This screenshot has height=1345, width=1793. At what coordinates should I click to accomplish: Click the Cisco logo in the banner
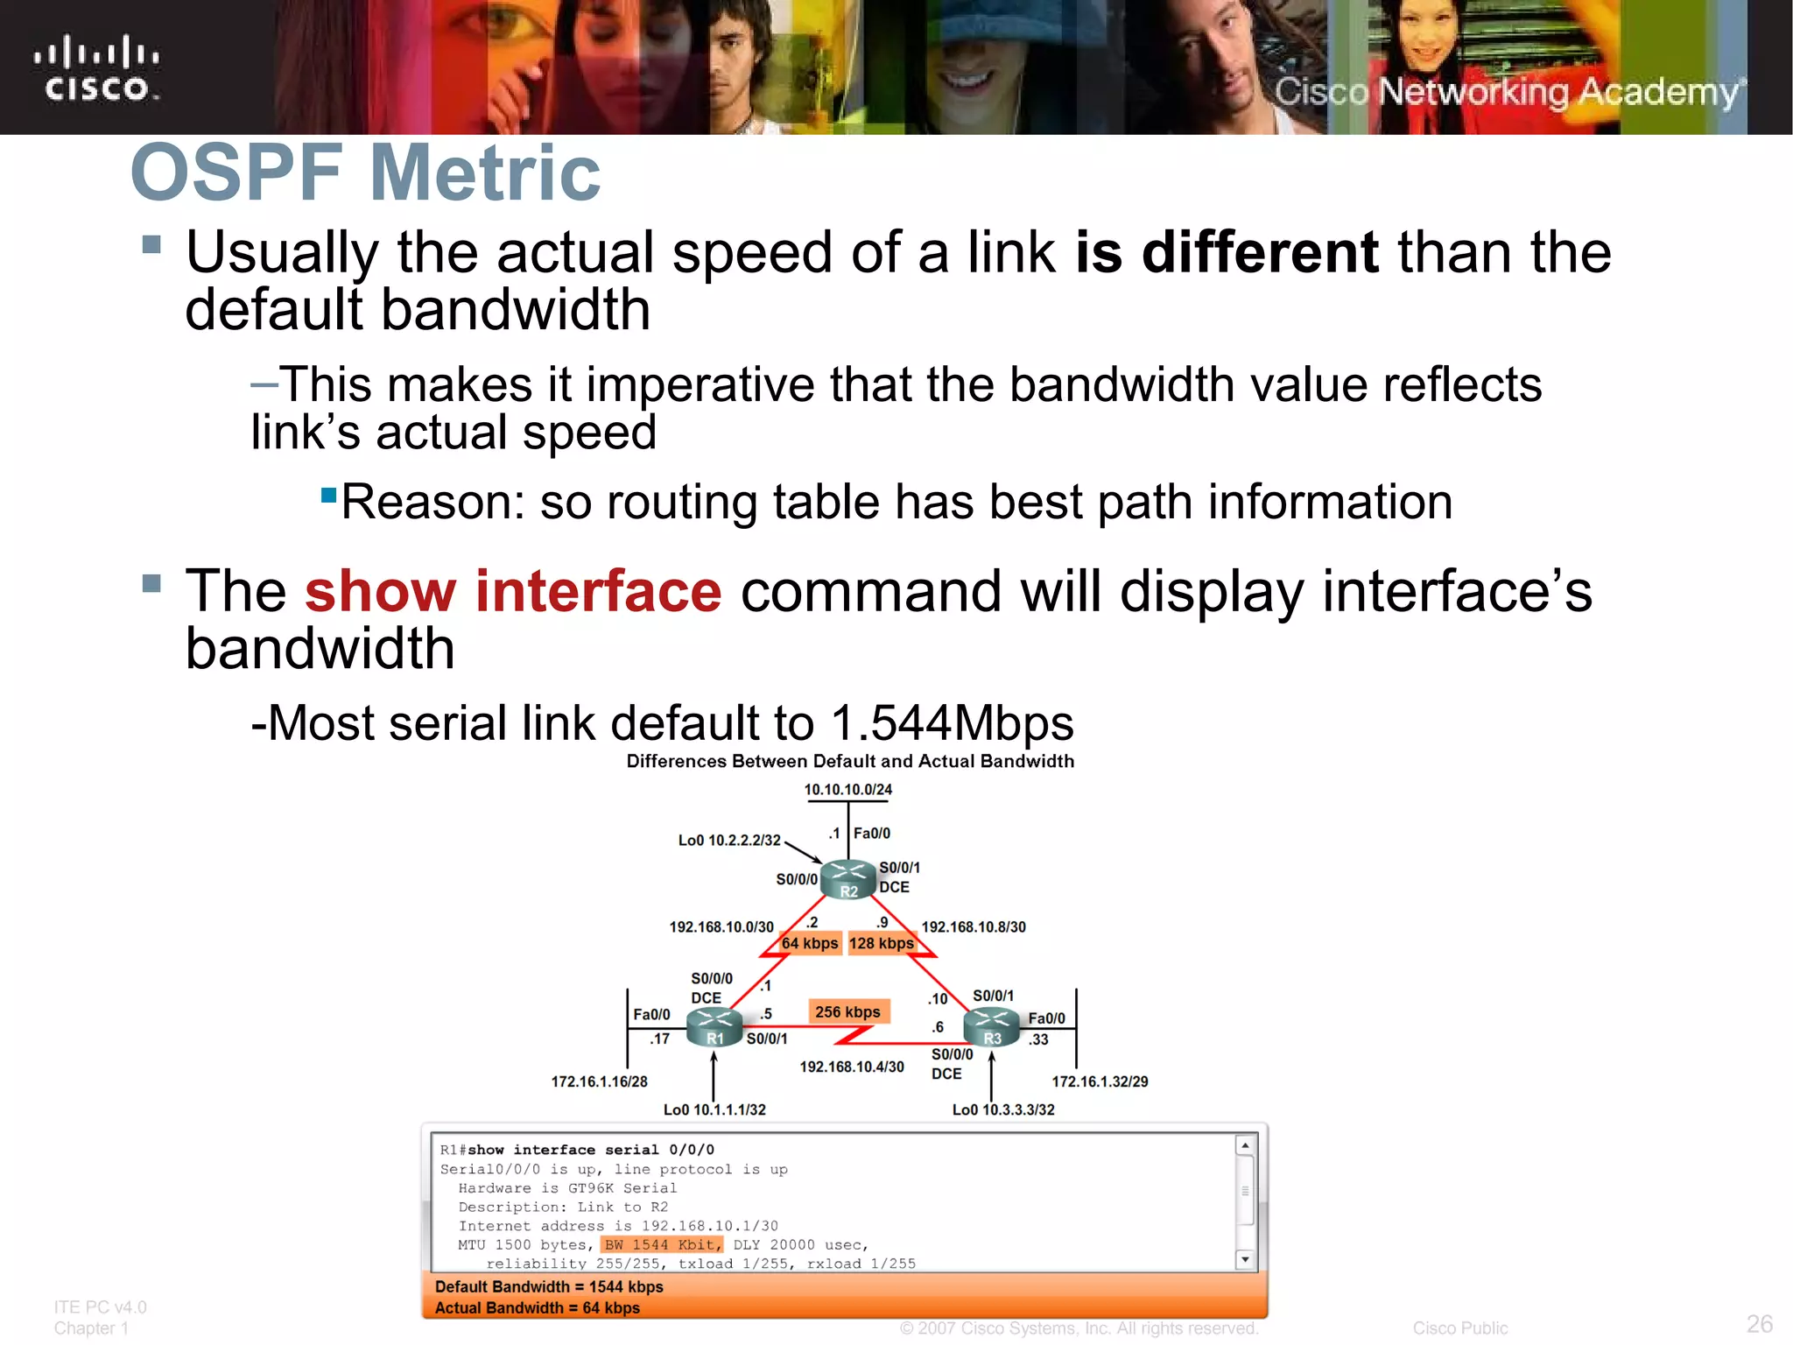[x=97, y=68]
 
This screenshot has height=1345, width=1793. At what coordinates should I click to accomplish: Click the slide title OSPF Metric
[x=365, y=173]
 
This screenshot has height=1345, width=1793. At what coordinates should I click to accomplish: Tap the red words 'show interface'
[x=513, y=591]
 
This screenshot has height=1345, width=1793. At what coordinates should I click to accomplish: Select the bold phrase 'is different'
[x=1227, y=252]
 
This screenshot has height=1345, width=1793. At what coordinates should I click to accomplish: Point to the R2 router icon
[x=848, y=878]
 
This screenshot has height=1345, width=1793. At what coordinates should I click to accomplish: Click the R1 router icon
[x=714, y=1026]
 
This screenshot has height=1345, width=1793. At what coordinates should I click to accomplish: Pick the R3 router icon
[x=992, y=1026]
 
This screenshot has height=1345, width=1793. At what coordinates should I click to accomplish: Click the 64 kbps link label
[x=810, y=943]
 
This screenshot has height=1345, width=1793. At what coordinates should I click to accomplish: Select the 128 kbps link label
[x=882, y=943]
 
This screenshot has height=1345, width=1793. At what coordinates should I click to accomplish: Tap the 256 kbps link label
[x=847, y=1011]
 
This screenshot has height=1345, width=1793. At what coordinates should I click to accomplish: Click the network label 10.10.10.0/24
[x=847, y=789]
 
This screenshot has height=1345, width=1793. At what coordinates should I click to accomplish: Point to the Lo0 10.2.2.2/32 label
[x=729, y=840]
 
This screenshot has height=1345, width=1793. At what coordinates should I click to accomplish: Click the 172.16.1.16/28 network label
[x=599, y=1081]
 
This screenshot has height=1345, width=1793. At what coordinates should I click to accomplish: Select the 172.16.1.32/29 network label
[x=1100, y=1081]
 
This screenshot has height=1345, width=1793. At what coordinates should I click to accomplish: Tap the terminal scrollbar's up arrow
[x=1245, y=1145]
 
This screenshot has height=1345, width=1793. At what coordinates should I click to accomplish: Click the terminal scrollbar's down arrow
[x=1245, y=1259]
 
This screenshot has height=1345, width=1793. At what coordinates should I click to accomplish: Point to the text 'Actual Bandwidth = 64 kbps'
[x=538, y=1307]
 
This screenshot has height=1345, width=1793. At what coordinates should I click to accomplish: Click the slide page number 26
[x=1759, y=1323]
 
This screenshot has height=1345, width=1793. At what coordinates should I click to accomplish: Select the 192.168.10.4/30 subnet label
[x=852, y=1067]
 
